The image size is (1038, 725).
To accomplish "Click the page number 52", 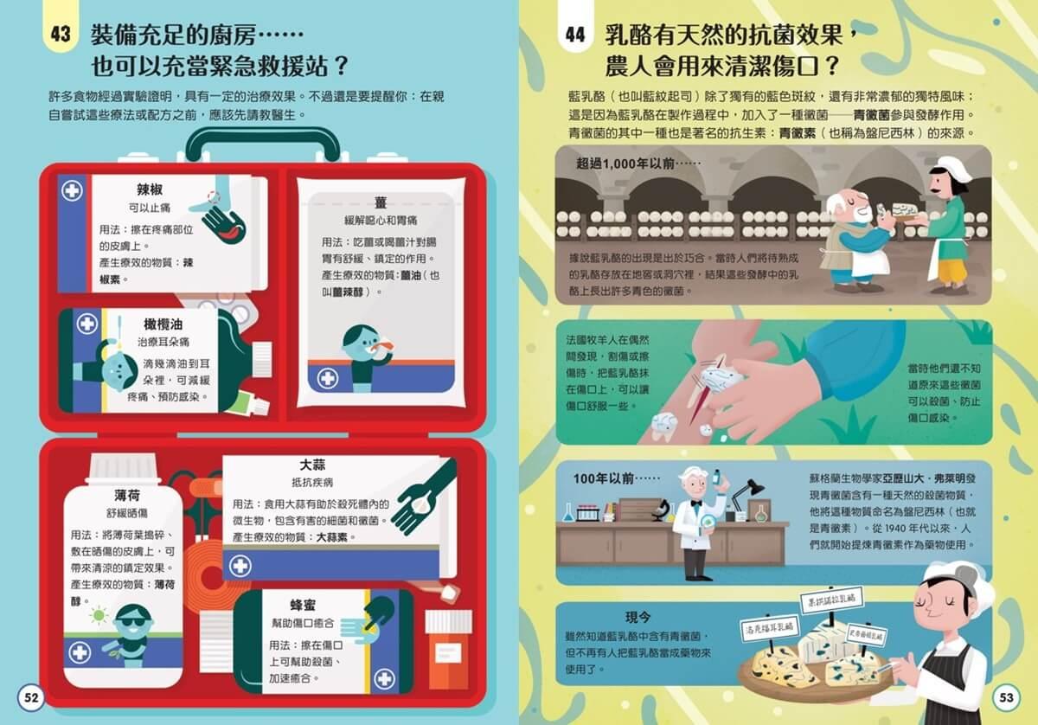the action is pyautogui.click(x=31, y=697).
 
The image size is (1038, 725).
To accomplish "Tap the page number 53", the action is pyautogui.click(x=1006, y=697).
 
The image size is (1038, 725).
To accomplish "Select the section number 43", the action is pyautogui.click(x=61, y=34).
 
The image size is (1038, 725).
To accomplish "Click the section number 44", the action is pyautogui.click(x=575, y=35).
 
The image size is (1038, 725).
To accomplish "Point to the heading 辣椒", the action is pyautogui.click(x=150, y=189).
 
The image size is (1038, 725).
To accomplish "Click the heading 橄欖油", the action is pyautogui.click(x=163, y=324).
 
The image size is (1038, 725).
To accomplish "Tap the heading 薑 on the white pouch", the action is pyautogui.click(x=381, y=202).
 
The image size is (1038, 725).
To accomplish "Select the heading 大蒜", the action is pyautogui.click(x=312, y=465).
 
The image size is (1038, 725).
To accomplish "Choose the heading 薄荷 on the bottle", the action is pyautogui.click(x=127, y=496).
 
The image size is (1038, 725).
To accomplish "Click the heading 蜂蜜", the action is pyautogui.click(x=303, y=606).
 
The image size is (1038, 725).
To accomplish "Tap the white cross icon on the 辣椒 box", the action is pyautogui.click(x=73, y=190).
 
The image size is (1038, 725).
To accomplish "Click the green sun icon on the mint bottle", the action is pyautogui.click(x=99, y=616).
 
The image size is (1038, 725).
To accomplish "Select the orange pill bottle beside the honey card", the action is pyautogui.click(x=449, y=648).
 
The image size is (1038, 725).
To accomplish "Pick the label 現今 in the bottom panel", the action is pyautogui.click(x=638, y=618).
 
